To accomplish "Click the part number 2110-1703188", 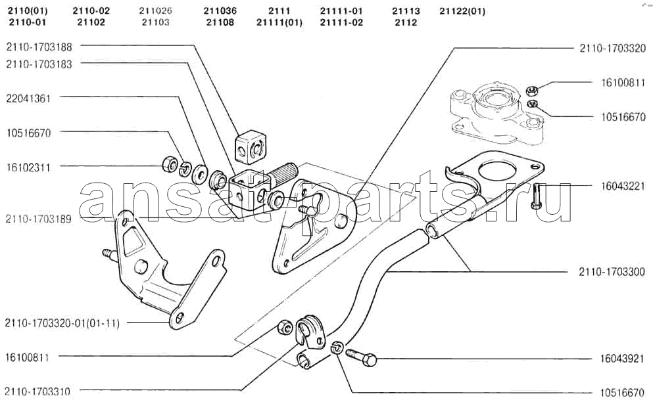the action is coord(39,47).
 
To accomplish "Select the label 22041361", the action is coord(28,99).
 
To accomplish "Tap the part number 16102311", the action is coord(28,167).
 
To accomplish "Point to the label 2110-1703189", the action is coord(38,219).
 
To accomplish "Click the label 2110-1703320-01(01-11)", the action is coord(62,323).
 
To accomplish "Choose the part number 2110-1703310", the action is coord(37,391).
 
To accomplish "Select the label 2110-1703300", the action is coord(612,272).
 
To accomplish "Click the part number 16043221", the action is coord(623,186).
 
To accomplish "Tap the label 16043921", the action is coord(622,359).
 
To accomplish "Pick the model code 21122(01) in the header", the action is coord(462,11).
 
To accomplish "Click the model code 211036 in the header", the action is coord(220,11).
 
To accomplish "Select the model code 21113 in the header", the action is coord(406,11).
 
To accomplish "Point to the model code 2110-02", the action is coord(91,11).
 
